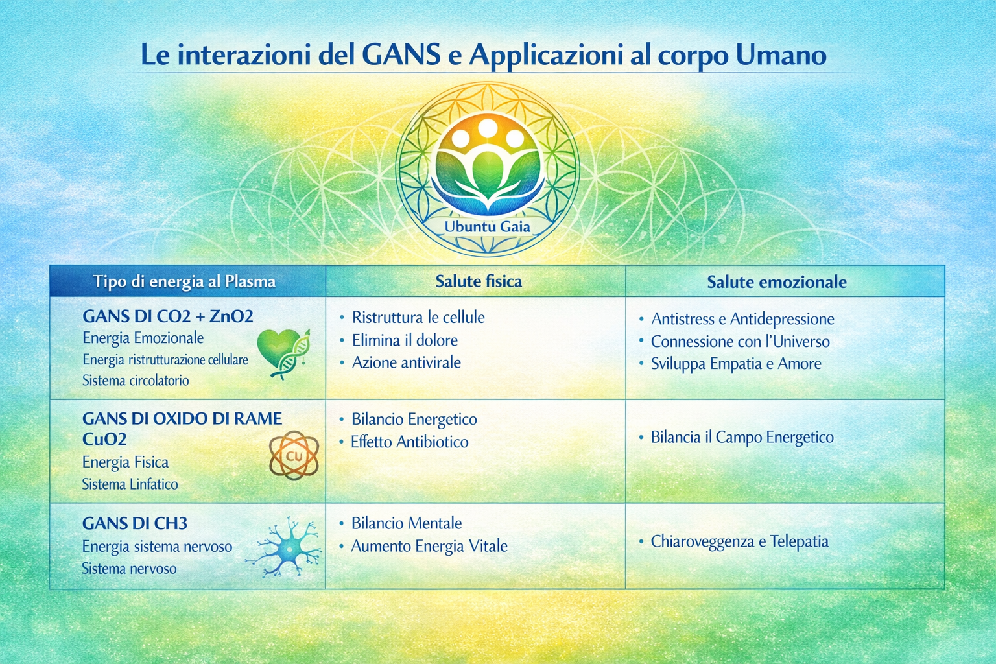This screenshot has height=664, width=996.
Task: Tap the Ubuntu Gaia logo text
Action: [487, 227]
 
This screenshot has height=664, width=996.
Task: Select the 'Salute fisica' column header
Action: [479, 281]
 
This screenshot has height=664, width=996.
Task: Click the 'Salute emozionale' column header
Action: [776, 282]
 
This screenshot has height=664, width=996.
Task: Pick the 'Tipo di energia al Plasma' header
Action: [184, 282]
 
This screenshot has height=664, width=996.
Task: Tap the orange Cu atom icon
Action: [294, 456]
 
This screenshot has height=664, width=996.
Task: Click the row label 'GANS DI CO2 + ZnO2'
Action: [168, 316]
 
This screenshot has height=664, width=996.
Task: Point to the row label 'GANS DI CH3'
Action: [135, 523]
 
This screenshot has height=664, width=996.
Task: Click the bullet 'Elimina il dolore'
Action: [405, 340]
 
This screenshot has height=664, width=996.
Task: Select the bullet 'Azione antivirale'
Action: [406, 362]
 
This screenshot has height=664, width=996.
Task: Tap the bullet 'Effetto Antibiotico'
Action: [409, 442]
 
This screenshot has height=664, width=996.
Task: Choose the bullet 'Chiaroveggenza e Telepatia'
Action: [739, 541]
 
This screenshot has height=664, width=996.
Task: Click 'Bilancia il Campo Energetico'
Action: [742, 437]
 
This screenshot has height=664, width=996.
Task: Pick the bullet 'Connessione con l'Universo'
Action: [740, 342]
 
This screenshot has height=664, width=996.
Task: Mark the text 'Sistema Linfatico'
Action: [130, 484]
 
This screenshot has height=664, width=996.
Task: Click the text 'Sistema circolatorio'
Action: [136, 381]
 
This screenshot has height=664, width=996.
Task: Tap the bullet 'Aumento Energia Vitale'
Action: [429, 547]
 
